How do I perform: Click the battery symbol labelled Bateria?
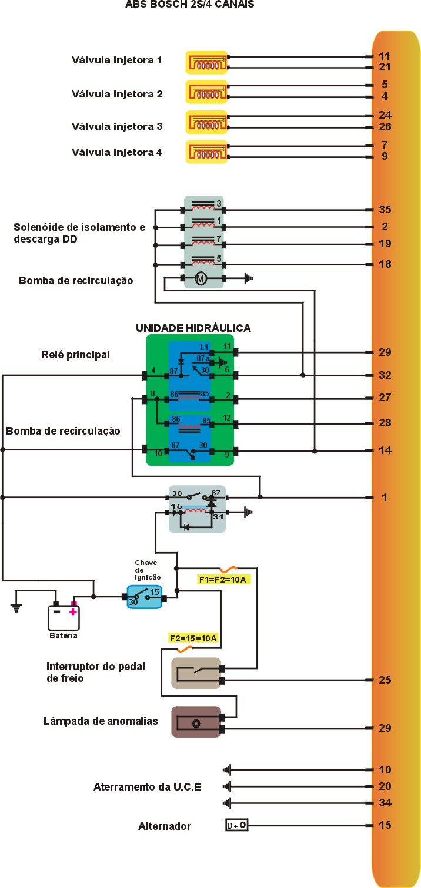[64, 617]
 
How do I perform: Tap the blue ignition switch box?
[144, 597]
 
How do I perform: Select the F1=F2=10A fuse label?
[225, 580]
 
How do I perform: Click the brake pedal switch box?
[196, 673]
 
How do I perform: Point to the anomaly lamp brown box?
[196, 722]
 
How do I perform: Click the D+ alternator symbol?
[237, 825]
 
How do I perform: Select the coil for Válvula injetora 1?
[206, 62]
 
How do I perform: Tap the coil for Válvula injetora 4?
[206, 152]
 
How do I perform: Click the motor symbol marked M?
[201, 279]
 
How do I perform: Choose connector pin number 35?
[385, 210]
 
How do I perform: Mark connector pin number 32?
[385, 375]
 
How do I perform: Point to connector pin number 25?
[385, 680]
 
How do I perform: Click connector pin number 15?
[385, 825]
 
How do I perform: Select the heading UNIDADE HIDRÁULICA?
[193, 328]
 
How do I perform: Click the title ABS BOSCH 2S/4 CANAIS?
[190, 4]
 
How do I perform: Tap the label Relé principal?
[76, 355]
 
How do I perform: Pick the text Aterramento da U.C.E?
[147, 786]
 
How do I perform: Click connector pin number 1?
[385, 497]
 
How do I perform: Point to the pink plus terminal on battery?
[73, 611]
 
